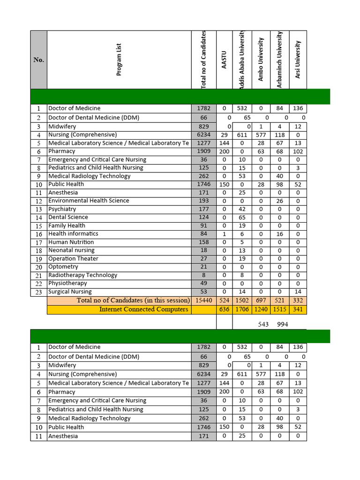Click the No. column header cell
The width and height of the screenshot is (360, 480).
[38, 60]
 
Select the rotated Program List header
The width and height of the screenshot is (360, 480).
[119, 60]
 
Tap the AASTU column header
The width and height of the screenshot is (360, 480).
[224, 60]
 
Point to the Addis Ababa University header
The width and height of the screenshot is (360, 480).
[242, 60]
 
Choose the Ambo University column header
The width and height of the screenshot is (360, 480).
[261, 60]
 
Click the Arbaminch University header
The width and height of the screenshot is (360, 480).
[280, 60]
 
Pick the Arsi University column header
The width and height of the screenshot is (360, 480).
[298, 60]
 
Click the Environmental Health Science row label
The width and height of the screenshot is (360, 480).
[89, 201]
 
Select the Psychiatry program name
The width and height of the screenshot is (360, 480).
[62, 209]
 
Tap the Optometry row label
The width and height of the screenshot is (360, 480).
[63, 267]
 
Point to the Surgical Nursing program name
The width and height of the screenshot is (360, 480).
[70, 292]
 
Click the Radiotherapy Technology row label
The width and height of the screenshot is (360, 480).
[82, 275]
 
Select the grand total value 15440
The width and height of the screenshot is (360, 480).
[204, 300]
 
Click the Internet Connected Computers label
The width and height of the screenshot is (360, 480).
[143, 309]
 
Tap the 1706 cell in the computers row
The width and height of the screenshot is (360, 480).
[242, 309]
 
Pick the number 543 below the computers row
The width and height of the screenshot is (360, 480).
[263, 324]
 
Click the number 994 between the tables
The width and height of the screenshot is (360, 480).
[283, 324]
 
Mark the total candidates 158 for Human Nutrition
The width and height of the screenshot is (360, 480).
[204, 242]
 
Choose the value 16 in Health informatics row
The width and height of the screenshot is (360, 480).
[280, 234]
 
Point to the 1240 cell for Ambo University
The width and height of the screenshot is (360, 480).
[261, 309]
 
